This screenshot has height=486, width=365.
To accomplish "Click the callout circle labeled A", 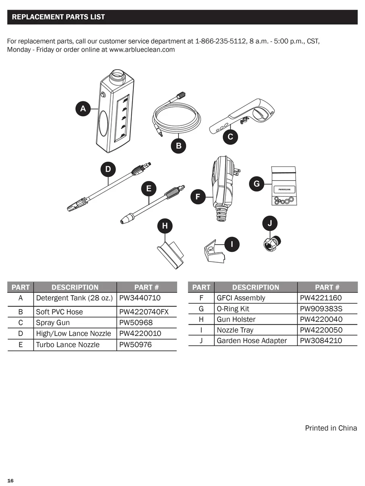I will (83, 109).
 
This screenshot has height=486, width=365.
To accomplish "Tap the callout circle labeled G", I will (257, 184).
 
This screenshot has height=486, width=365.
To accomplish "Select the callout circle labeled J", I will (270, 223).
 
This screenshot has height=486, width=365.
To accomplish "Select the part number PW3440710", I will (140, 298).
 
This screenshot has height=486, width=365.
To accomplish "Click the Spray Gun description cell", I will (53, 323).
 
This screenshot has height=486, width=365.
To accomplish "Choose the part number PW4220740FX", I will (144, 312).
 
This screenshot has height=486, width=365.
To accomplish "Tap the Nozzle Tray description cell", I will (234, 330).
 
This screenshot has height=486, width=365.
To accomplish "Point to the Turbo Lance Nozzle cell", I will (68, 345).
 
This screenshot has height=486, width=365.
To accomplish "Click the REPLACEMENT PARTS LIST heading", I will (58, 17).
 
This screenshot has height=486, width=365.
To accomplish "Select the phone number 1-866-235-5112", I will (221, 41).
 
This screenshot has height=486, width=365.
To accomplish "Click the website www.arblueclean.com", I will (142, 49).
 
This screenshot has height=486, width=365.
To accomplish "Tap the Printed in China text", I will (331, 428).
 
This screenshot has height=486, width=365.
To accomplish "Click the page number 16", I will (10, 481).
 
